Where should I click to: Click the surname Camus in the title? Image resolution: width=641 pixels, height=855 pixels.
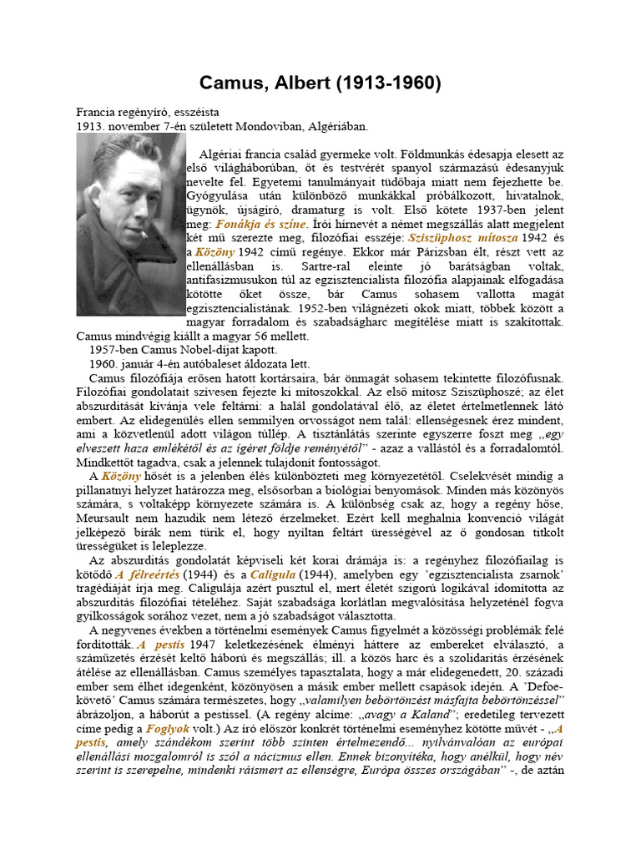tap(231, 83)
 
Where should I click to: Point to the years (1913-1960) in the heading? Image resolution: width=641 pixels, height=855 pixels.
tap(386, 83)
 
